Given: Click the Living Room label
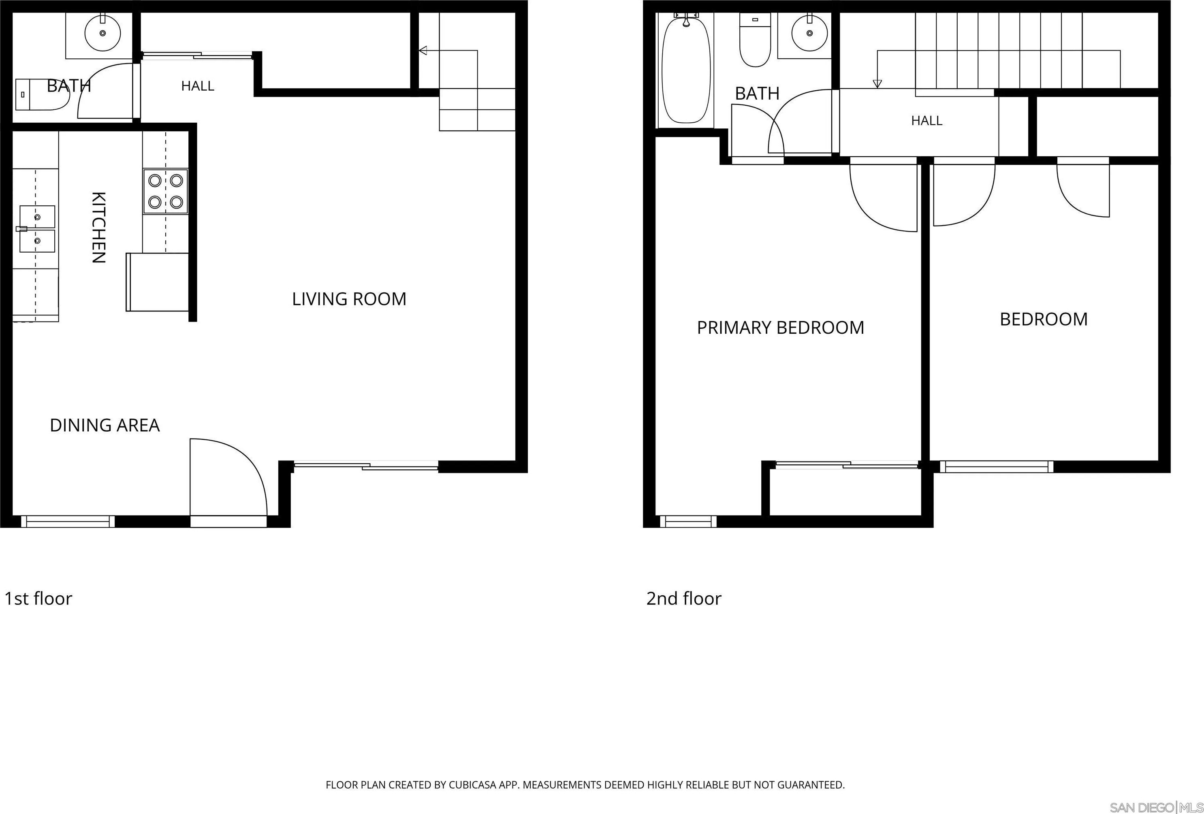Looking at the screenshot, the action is click(349, 299).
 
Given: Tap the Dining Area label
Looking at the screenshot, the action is click(105, 425).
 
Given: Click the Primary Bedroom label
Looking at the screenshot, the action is click(780, 327).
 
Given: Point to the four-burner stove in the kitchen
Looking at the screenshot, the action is click(166, 191).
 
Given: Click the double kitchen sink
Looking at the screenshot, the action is click(37, 229).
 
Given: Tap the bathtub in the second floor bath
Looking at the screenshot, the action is click(686, 70).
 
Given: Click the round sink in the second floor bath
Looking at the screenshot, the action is click(809, 33).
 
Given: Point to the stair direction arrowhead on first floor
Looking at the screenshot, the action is click(423, 50).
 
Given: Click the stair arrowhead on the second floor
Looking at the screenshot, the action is click(877, 83).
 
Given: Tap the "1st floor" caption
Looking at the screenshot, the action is click(38, 599).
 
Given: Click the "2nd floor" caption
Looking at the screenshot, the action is click(684, 599).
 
